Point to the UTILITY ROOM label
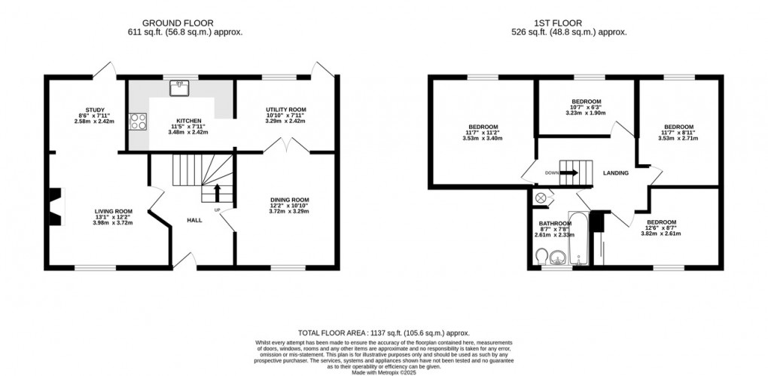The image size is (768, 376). (x=285, y=110)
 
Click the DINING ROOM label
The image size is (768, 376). (x=289, y=200)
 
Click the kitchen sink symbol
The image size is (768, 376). (x=179, y=88)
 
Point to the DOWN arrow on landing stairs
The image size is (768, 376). (x=568, y=173)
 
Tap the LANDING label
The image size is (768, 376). (x=616, y=173)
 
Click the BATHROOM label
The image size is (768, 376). (x=555, y=224)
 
